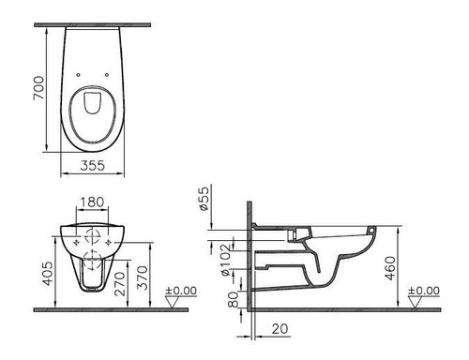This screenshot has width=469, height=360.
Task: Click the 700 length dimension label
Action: pos(39,88)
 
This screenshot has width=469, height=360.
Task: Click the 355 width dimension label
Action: pos(93,166)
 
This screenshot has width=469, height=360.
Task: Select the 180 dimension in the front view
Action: pos(92,202)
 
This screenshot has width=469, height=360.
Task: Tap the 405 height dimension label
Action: pos(48,274)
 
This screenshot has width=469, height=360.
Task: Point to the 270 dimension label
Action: pos(120,284)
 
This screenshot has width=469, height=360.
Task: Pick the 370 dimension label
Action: pos(142,277)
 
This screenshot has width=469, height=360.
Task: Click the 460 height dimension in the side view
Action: pos(390,268)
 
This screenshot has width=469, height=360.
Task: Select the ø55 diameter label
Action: pos(204,199)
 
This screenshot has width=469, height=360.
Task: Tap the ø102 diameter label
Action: pos(226,260)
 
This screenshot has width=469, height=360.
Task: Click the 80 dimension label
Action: pos(234,299)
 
